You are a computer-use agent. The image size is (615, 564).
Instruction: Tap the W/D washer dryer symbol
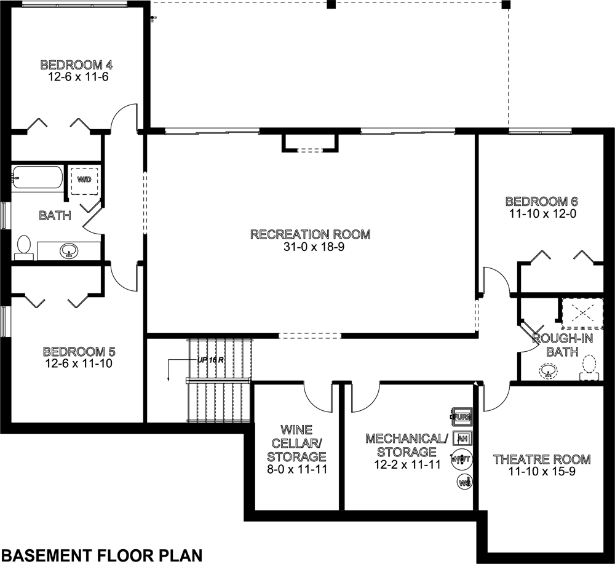[x=83, y=180]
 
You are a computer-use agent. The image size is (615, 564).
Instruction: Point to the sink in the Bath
[x=69, y=251]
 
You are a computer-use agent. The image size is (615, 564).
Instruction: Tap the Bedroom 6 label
[x=541, y=202]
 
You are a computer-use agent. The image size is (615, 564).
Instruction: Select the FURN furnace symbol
[x=462, y=416]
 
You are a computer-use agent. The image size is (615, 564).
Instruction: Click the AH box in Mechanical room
[x=463, y=438]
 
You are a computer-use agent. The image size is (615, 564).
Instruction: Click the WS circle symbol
[x=465, y=482]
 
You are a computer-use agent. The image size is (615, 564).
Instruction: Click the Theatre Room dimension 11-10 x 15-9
[x=541, y=471]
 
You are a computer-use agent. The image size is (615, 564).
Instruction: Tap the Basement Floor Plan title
[x=101, y=553]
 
